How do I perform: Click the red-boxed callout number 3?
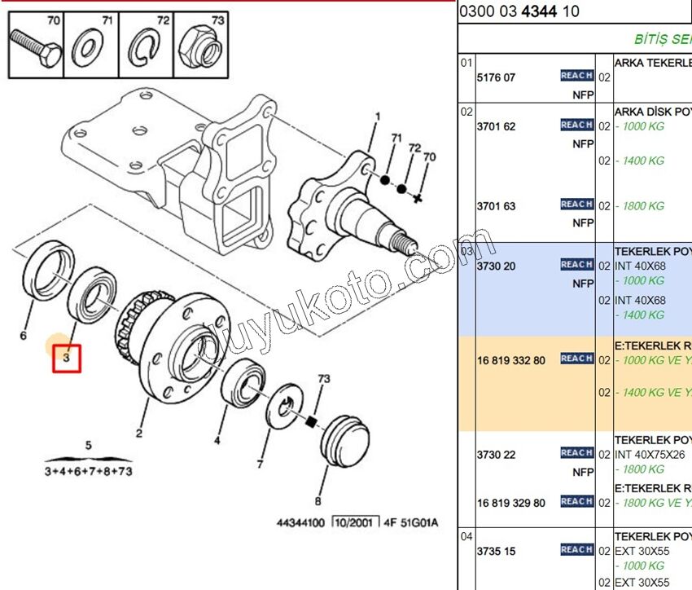coord(67,357)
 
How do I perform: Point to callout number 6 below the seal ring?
coord(23,335)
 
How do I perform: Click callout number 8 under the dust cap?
coord(318,501)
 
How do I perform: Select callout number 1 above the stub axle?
coord(378,117)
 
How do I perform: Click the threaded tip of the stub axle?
coord(405,241)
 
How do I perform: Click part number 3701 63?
coord(496,206)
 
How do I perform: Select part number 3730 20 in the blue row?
coord(496,266)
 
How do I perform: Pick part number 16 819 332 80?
coord(511,360)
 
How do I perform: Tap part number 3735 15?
coord(496,551)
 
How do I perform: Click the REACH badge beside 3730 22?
coord(576,453)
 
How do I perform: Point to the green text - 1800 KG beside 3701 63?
coord(640,206)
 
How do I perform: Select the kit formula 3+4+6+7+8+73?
coord(87,471)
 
